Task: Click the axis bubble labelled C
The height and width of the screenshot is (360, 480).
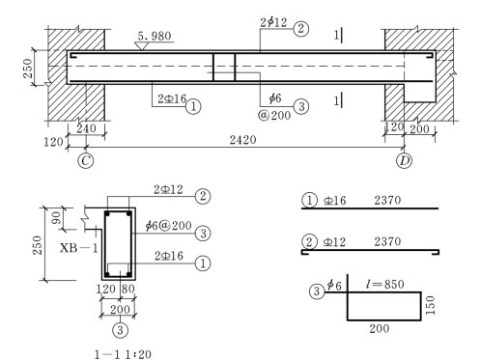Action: click(x=86, y=160)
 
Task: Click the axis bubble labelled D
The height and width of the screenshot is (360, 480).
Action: click(x=405, y=160)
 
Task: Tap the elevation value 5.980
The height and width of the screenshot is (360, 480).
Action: click(x=155, y=36)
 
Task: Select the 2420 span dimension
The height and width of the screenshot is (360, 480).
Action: click(x=243, y=140)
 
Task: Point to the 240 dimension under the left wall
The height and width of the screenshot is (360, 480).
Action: click(x=86, y=128)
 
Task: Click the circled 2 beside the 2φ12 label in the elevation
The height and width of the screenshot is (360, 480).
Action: click(x=301, y=29)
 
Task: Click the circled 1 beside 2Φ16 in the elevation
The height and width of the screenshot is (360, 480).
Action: click(x=193, y=106)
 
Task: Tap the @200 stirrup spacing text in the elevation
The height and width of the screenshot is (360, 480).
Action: click(x=274, y=115)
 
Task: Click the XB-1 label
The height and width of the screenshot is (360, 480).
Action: click(x=79, y=248)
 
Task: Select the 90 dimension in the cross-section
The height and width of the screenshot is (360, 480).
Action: click(x=56, y=218)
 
